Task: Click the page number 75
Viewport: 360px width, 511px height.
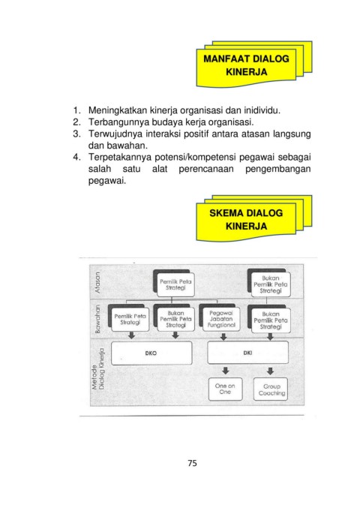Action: tap(192, 463)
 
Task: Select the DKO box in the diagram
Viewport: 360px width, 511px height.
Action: tap(151, 353)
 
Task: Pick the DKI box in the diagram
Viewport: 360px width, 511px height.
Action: tap(247, 352)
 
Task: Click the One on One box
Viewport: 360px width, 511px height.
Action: tap(225, 389)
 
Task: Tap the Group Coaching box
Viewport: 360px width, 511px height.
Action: tap(271, 389)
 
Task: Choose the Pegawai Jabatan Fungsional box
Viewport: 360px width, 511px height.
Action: tap(221, 319)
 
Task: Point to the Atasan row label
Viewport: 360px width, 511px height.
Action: tap(97, 283)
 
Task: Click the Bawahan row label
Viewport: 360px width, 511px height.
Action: tap(97, 319)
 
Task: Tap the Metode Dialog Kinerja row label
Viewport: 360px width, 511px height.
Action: tap(97, 369)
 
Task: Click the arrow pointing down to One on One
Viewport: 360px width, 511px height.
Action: tap(225, 371)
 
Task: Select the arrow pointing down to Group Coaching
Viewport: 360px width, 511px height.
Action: tap(270, 371)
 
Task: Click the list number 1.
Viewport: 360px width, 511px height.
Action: tap(76, 110)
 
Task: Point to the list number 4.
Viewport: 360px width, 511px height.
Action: tap(76, 158)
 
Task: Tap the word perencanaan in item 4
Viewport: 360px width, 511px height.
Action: tap(206, 170)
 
